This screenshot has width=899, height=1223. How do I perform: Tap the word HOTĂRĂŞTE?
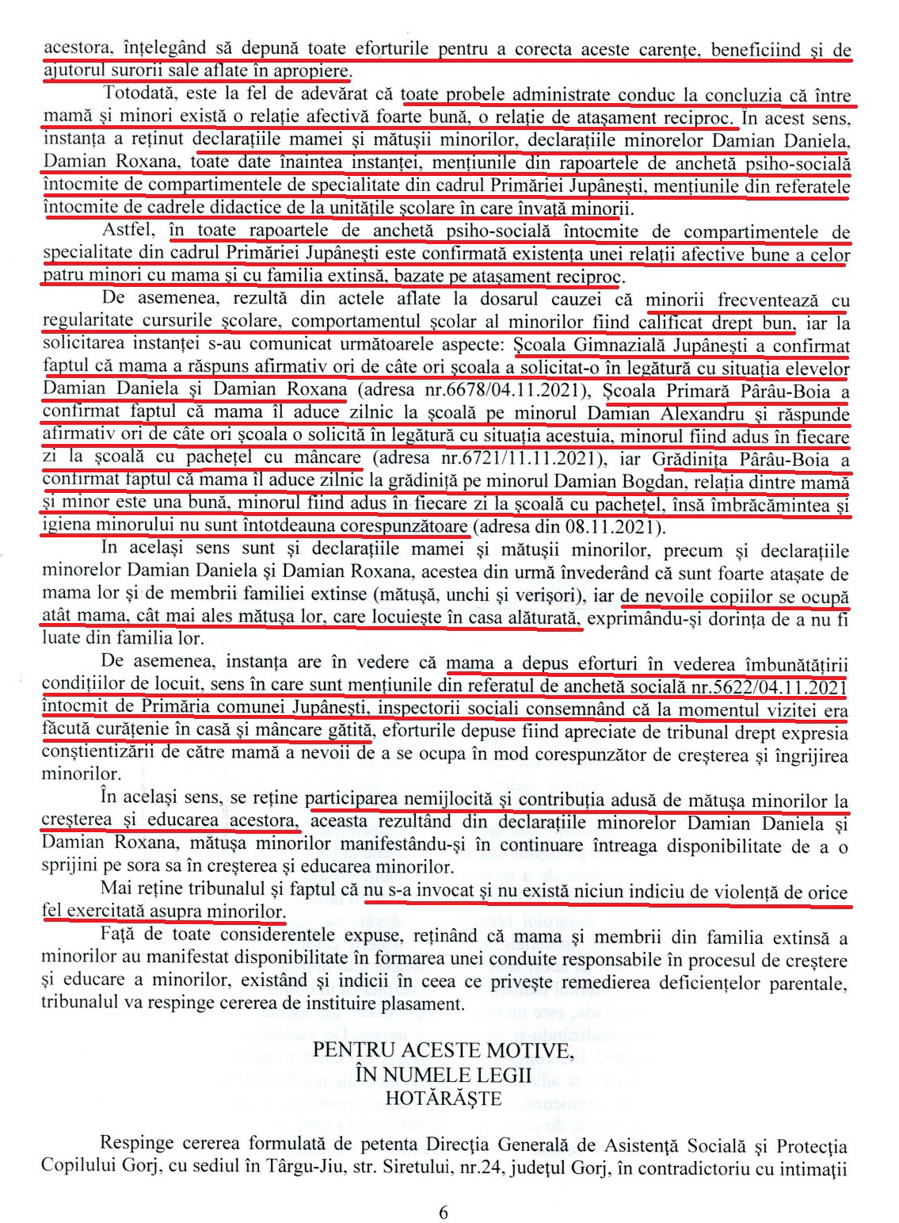443,1098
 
